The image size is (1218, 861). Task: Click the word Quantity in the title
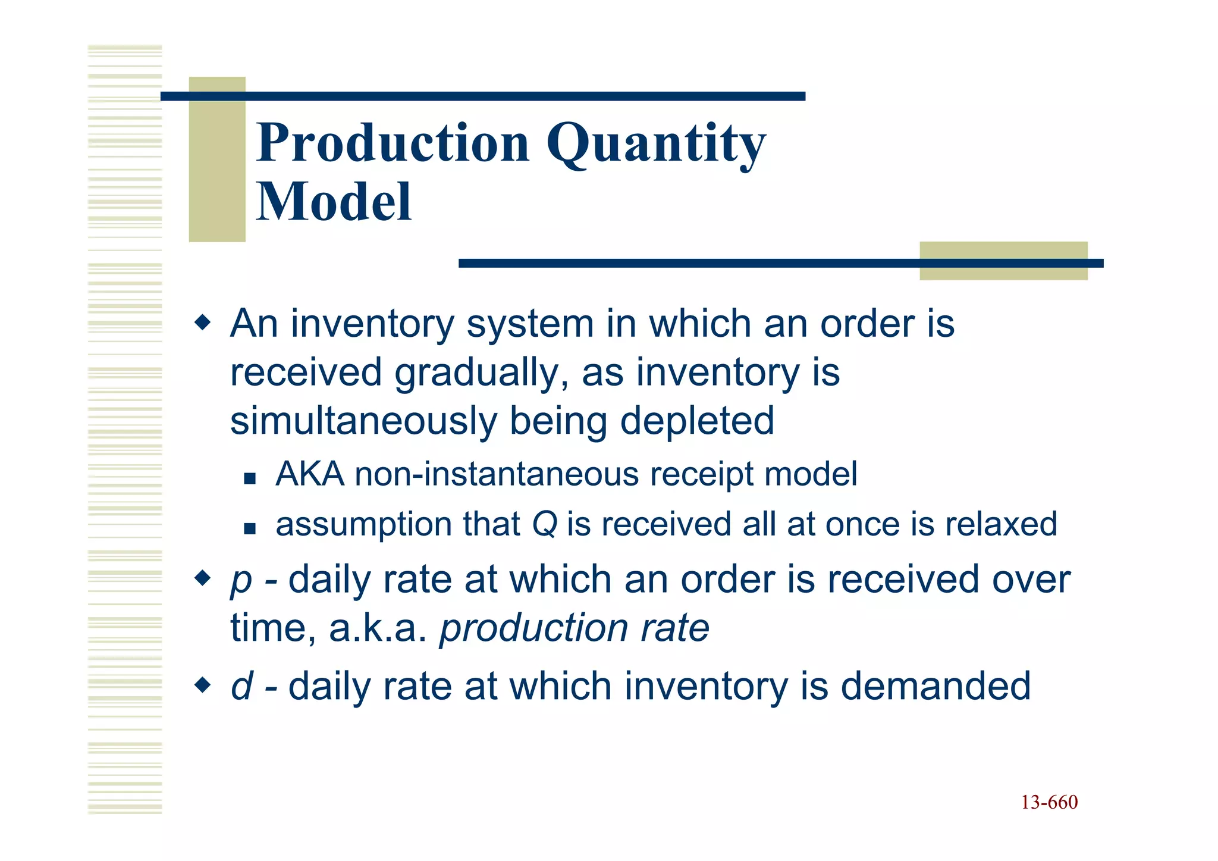[656, 145]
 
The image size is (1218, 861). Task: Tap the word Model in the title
[334, 202]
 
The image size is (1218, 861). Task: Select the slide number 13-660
[1049, 803]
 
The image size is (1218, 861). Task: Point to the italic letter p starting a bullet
[241, 581]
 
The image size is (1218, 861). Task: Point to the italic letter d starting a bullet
[242, 686]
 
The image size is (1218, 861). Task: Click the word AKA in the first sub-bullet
[310, 475]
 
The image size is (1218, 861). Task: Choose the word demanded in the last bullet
[936, 686]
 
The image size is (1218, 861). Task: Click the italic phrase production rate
[574, 628]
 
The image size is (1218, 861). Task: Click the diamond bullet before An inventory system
[203, 324]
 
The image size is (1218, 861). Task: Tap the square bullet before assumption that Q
[250, 528]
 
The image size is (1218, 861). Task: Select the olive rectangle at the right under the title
[1003, 271]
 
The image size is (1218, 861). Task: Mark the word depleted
[697, 421]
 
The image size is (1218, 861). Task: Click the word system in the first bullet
[530, 325]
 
